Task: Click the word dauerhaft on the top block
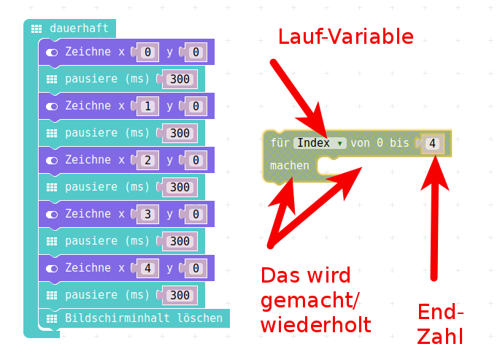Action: point(79,28)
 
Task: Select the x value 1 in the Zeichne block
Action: point(148,106)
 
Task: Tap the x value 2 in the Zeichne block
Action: point(148,160)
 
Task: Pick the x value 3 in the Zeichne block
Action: point(148,214)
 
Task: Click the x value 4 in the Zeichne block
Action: point(148,268)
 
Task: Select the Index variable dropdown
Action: point(320,143)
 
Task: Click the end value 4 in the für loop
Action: point(432,144)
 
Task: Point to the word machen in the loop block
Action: point(289,166)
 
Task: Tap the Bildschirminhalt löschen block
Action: point(143,318)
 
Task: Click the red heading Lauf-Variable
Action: point(345,37)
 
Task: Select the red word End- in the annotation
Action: point(441,313)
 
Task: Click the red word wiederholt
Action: point(315,323)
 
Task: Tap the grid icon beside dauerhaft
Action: point(36,28)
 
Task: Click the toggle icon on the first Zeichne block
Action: point(52,53)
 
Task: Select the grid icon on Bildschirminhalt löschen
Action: point(52,318)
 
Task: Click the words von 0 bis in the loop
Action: point(380,143)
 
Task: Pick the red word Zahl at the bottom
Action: point(441,337)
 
